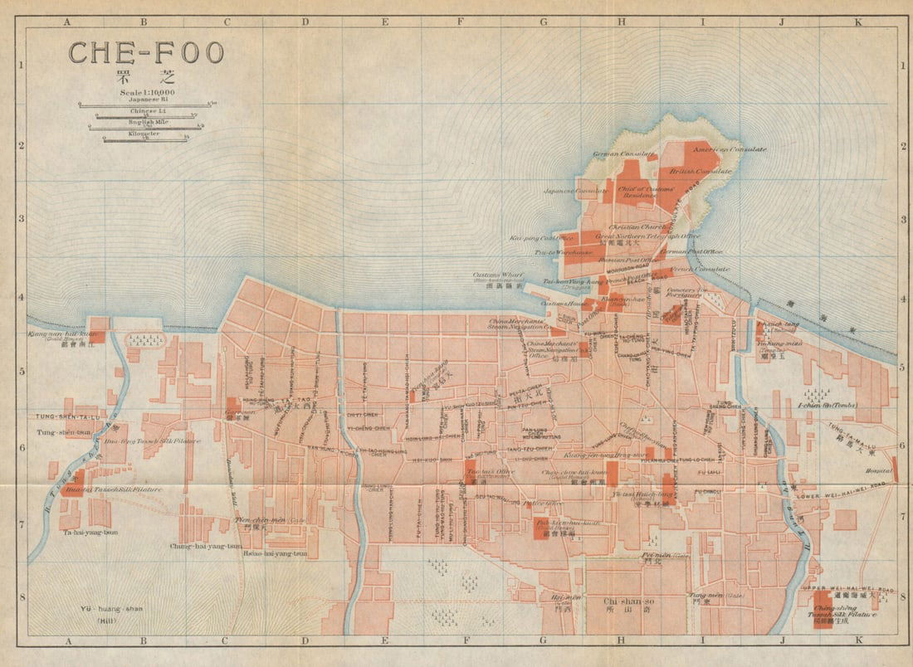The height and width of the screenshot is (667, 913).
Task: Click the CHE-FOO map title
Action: (146, 53)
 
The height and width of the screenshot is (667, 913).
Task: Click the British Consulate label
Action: (701, 171)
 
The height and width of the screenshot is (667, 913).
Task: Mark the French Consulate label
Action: (700, 269)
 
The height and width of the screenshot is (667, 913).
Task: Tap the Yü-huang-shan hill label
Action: (111, 609)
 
